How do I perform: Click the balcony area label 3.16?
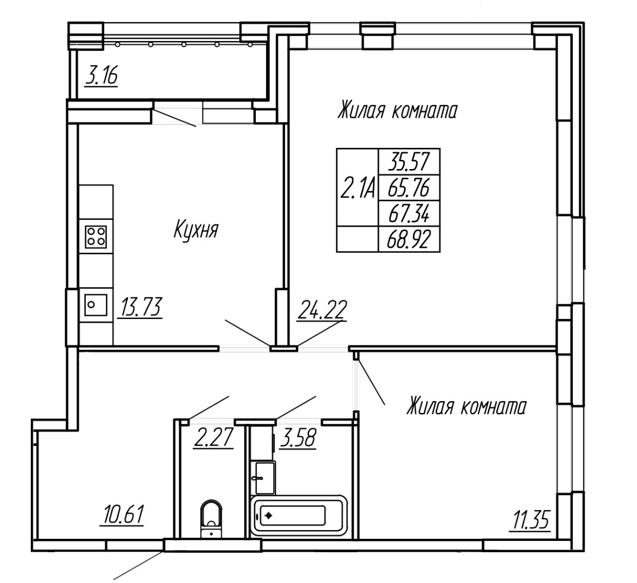pos(101,77)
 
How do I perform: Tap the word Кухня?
pos(196,230)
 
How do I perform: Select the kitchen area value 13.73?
pos(140,308)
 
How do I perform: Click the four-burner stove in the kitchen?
pos(96,236)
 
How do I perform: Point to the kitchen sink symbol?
pos(96,304)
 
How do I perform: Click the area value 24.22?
pos(322,311)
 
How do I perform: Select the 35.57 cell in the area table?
pos(409,162)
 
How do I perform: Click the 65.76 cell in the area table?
pos(409,188)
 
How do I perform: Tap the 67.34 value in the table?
pos(409,214)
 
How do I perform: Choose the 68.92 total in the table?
pos(409,240)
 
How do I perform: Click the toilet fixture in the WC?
pos(212,519)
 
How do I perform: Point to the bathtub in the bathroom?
pos(299,515)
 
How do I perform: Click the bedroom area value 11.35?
pos(531,520)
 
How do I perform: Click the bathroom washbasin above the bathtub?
pos(263,478)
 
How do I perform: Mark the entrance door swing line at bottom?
pos(138,566)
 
